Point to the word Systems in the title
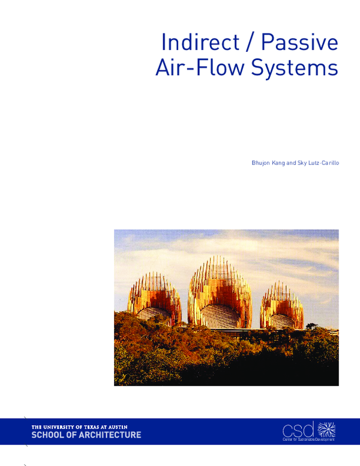pos(293,68)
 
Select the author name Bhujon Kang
pos(269,162)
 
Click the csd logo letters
pos(298,429)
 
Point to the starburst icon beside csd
pos(326,429)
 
